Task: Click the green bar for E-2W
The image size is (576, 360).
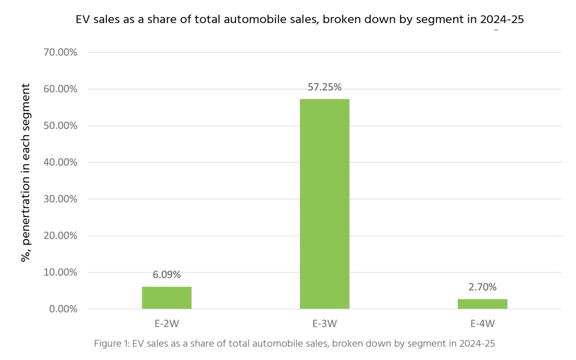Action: pyautogui.click(x=166, y=297)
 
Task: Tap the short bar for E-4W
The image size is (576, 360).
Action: pyautogui.click(x=482, y=303)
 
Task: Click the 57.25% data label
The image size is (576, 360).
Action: pyautogui.click(x=325, y=87)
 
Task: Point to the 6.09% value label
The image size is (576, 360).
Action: pyautogui.click(x=167, y=275)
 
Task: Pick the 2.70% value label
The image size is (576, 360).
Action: pyautogui.click(x=482, y=287)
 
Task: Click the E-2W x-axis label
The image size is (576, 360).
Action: pyautogui.click(x=167, y=323)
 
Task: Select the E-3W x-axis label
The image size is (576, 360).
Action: pyautogui.click(x=325, y=323)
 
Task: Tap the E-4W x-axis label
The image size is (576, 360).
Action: pyautogui.click(x=482, y=323)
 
